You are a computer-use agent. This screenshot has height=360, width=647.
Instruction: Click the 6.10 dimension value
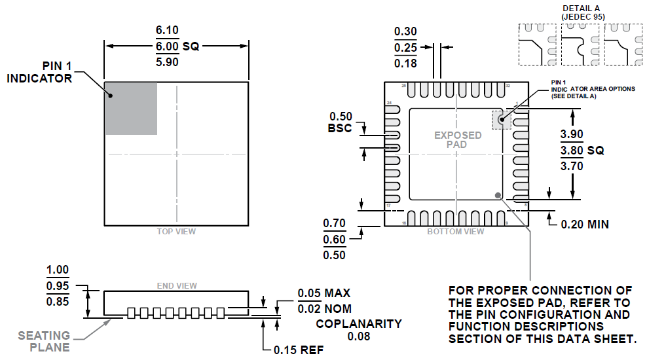(167, 31)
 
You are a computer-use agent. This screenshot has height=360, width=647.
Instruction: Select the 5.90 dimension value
(167, 62)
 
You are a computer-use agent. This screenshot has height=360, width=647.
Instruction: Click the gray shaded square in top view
(131, 109)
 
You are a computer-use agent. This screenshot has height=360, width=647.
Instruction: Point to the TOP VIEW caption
(176, 232)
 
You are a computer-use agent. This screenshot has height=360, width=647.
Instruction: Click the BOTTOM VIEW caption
(456, 232)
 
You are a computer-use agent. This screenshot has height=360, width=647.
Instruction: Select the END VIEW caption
(177, 285)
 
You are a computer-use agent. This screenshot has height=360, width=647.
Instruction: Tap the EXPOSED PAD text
(458, 139)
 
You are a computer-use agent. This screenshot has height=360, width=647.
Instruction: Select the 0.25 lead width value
(405, 48)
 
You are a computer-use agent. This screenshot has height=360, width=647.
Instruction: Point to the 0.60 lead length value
(335, 240)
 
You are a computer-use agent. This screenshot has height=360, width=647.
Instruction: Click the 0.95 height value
(58, 285)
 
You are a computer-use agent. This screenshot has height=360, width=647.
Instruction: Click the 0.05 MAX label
(323, 293)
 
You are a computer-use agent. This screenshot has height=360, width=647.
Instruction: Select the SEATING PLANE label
(44, 341)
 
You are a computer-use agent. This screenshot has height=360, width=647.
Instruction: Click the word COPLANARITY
(359, 324)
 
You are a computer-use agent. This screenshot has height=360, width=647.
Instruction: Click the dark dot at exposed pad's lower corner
(498, 194)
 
